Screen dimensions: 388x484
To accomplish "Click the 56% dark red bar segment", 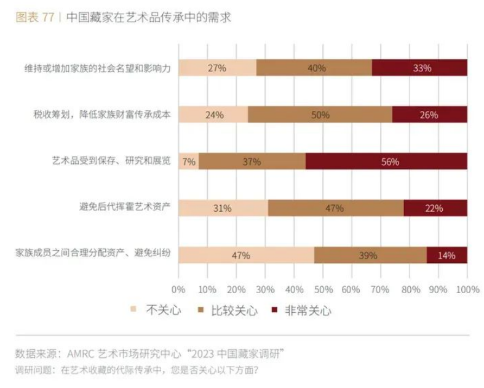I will [386, 161].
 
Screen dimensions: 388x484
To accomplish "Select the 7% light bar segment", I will [188, 161].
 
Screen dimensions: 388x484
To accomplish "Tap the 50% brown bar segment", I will [320, 115].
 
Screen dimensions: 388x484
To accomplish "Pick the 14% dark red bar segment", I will [446, 255].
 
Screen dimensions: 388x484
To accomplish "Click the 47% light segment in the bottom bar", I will [246, 255].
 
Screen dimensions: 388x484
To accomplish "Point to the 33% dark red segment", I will [419, 68].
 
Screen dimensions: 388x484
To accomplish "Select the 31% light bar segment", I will [223, 208].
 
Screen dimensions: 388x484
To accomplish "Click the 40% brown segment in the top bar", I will [314, 68].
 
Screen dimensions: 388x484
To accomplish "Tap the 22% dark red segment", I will [435, 208].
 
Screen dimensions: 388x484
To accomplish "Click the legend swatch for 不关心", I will [135, 310].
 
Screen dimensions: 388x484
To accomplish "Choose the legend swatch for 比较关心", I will [201, 310].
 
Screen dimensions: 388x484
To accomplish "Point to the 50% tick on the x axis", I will [323, 289].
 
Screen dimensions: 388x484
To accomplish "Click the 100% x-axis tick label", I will [467, 289].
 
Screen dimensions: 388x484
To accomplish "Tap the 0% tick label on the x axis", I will [178, 289].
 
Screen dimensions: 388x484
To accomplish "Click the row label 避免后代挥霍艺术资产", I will [120, 208].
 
